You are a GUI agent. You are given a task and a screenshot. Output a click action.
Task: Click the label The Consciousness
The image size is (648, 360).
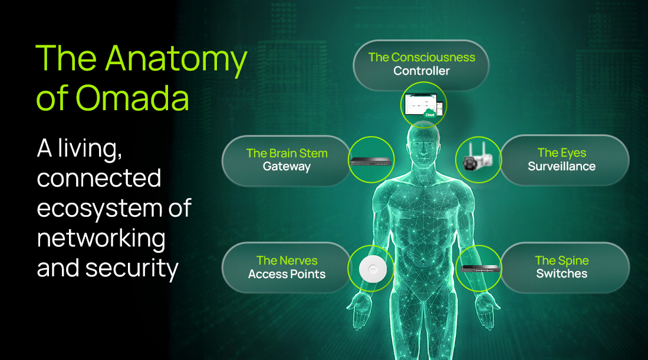(x=422, y=57)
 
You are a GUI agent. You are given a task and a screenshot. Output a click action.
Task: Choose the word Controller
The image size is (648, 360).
(x=422, y=71)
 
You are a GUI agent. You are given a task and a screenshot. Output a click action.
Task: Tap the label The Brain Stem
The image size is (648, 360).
(x=287, y=153)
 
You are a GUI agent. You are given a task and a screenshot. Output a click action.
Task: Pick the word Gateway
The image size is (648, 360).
(x=287, y=167)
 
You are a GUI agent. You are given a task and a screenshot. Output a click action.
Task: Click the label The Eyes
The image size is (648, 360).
(x=562, y=153)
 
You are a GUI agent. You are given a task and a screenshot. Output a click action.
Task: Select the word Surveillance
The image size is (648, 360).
(x=562, y=167)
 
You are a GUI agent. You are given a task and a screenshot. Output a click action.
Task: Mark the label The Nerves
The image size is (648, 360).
(x=287, y=260)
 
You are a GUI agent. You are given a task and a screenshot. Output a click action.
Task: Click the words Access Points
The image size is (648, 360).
(x=287, y=274)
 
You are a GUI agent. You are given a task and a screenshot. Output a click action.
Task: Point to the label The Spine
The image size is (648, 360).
(x=562, y=260)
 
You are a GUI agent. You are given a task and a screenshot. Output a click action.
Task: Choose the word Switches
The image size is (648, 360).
(x=562, y=274)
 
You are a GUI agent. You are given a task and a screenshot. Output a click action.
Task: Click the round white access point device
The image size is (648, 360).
(x=371, y=268)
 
